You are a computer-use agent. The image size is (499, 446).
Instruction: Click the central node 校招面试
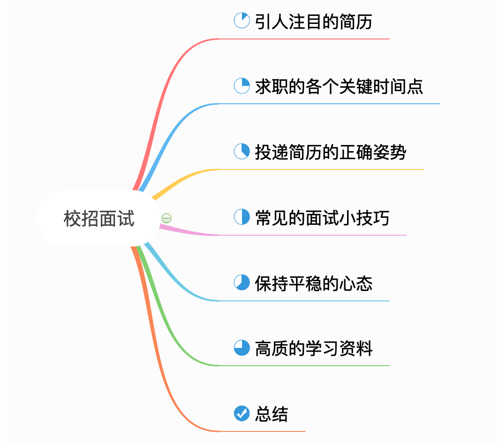(99, 219)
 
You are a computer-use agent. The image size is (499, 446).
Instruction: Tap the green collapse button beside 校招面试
(166, 218)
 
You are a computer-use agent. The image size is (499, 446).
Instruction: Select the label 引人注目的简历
(313, 22)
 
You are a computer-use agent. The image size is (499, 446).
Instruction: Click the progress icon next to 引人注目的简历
(242, 20)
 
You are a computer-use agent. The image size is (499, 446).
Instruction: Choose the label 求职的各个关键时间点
(339, 86)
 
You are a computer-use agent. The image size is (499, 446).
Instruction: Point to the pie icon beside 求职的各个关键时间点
(242, 86)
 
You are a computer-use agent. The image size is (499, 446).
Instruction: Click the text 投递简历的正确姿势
(330, 152)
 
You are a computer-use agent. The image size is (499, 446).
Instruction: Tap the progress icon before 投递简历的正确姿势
(242, 151)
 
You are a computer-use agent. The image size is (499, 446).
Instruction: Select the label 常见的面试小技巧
(322, 218)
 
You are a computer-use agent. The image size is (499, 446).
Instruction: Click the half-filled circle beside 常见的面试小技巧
(242, 217)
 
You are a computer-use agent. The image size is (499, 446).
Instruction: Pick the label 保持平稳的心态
(313, 284)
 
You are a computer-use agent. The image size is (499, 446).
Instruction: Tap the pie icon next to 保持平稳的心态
(242, 282)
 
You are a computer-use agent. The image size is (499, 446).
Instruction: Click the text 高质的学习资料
(313, 348)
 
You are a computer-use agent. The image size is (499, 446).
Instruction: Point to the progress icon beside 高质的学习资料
(242, 347)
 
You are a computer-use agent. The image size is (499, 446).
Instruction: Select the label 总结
(272, 414)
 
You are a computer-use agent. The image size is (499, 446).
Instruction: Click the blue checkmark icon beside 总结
(242, 413)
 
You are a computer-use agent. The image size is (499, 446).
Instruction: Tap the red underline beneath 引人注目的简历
(304, 39)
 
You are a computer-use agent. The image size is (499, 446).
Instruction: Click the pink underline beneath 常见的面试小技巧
(313, 235)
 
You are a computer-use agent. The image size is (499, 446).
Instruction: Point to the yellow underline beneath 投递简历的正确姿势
(321, 169)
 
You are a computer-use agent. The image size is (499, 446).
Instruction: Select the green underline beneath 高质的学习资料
(304, 366)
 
